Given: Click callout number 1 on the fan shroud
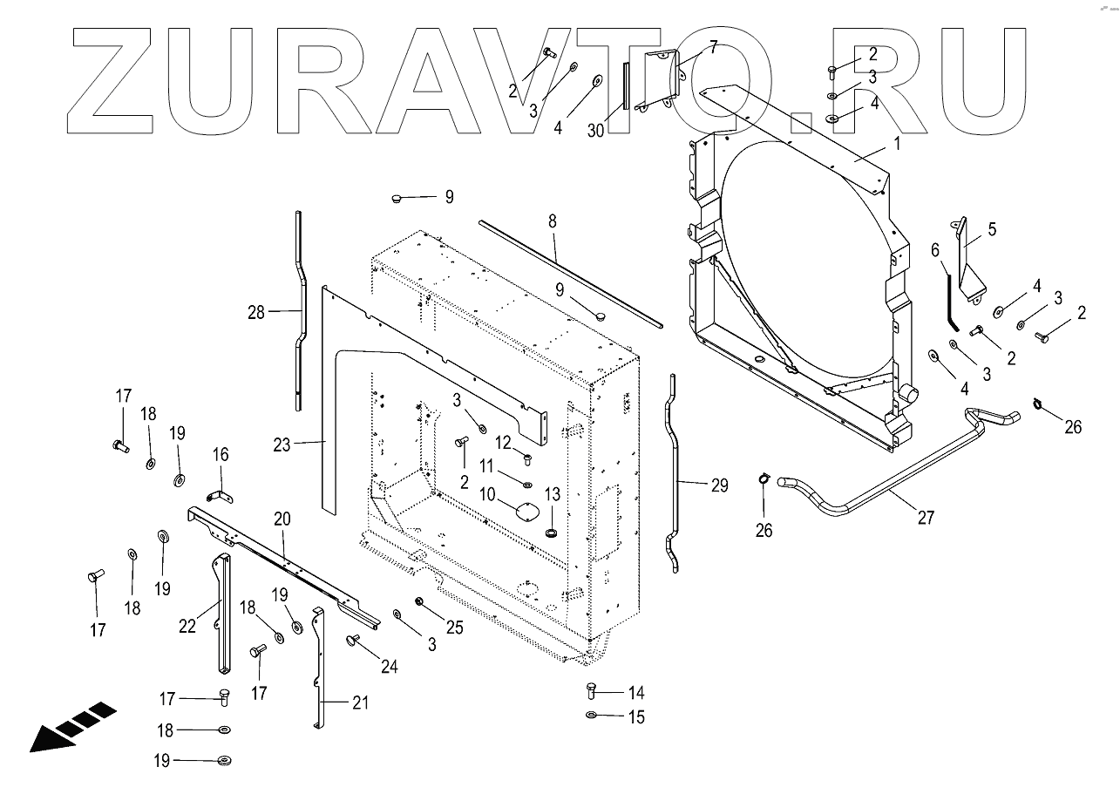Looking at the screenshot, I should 898,141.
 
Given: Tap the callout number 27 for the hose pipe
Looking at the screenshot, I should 926,518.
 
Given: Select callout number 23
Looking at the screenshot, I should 281,445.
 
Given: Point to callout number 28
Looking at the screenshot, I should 255,312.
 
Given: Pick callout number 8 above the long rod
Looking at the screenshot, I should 552,221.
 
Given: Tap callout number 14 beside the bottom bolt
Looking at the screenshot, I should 635,694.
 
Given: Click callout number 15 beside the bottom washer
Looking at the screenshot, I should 635,717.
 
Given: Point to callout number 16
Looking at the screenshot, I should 221,454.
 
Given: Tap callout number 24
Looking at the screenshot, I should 389,667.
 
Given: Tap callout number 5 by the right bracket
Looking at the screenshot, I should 991,230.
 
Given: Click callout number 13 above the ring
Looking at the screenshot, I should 553,495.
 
